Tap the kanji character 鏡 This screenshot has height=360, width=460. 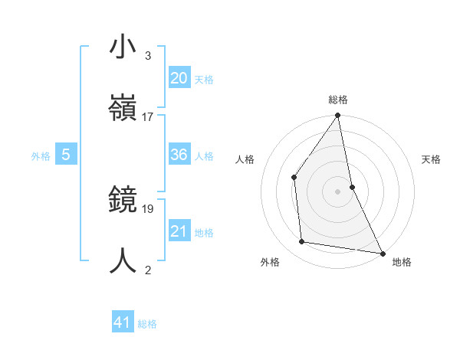[123, 200]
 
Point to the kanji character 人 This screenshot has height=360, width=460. [123, 260]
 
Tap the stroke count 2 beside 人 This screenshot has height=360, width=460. [147, 270]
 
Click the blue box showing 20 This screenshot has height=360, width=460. [179, 78]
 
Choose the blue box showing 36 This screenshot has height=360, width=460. [179, 155]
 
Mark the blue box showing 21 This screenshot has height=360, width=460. [179, 231]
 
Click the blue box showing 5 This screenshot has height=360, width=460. [66, 155]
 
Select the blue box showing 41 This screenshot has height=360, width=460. [123, 322]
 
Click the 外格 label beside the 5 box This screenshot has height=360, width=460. [41, 156]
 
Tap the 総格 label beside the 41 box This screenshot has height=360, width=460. [147, 324]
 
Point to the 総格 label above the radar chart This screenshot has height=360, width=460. [337, 100]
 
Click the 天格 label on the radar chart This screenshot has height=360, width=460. [431, 159]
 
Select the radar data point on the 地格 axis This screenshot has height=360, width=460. [382, 253]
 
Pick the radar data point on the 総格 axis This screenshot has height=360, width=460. [337, 116]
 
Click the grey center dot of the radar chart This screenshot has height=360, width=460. [337, 191]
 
